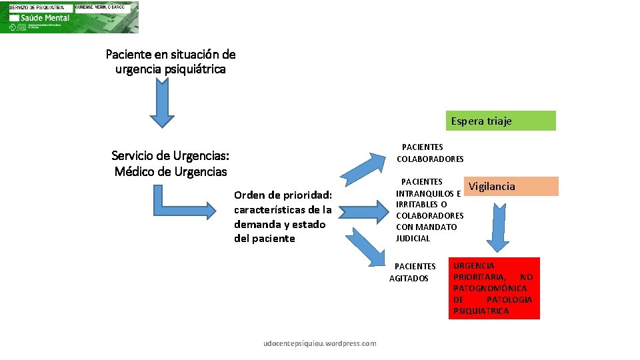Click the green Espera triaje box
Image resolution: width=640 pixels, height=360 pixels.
[x=501, y=121]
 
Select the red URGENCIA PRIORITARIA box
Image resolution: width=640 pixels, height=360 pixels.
[x=493, y=288]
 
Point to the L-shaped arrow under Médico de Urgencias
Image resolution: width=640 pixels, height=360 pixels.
[x=181, y=203]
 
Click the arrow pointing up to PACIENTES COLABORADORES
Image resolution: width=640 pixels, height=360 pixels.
[x=365, y=161]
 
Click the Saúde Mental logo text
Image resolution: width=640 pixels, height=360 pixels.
[x=40, y=17]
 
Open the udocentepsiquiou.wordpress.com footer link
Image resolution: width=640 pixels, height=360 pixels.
[x=320, y=343]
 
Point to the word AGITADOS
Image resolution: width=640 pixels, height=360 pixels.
[x=409, y=278]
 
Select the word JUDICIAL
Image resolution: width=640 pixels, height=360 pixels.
[x=413, y=238]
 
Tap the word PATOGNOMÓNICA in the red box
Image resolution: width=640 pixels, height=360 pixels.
[x=490, y=288]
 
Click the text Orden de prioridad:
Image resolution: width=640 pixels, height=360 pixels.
[x=283, y=195]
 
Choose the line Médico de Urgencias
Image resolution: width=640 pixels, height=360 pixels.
[x=171, y=171]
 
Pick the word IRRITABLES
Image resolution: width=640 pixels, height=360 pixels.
[x=417, y=204]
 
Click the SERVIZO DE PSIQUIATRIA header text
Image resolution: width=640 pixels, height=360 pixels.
[x=37, y=7]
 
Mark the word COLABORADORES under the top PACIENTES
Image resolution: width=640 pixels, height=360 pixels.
[x=430, y=159]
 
